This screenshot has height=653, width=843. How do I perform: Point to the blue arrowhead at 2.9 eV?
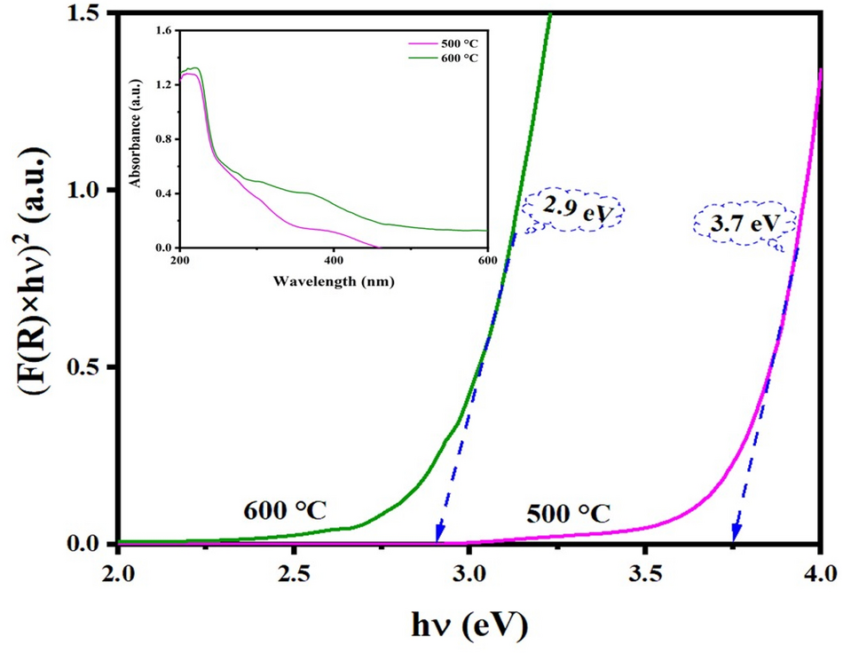coord(438,535)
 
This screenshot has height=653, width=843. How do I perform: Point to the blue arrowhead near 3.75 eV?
coord(736,534)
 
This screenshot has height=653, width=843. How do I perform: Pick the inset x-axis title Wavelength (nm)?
coord(334,281)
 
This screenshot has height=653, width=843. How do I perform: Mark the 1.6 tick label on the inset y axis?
coord(162,31)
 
